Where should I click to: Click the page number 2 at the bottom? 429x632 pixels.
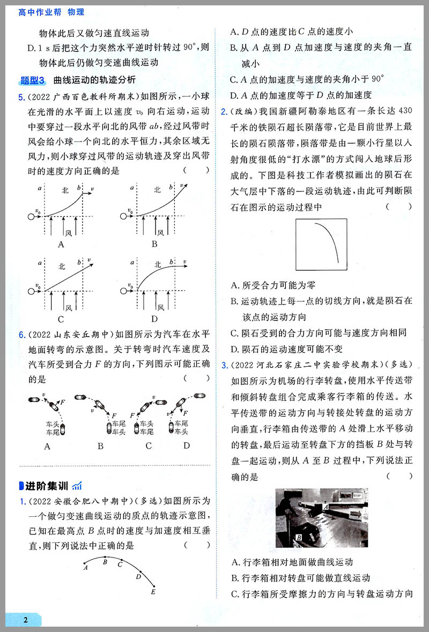pos(25,620)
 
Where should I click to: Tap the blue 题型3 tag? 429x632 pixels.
pos(33,80)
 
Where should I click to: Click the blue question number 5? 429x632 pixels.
pos(21,97)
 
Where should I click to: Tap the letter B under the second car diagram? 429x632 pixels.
pos(100,445)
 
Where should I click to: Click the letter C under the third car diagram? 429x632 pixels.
pos(149,445)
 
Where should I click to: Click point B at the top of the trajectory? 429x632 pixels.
pos(105,561)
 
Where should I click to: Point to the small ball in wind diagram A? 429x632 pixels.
pos(31,217)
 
